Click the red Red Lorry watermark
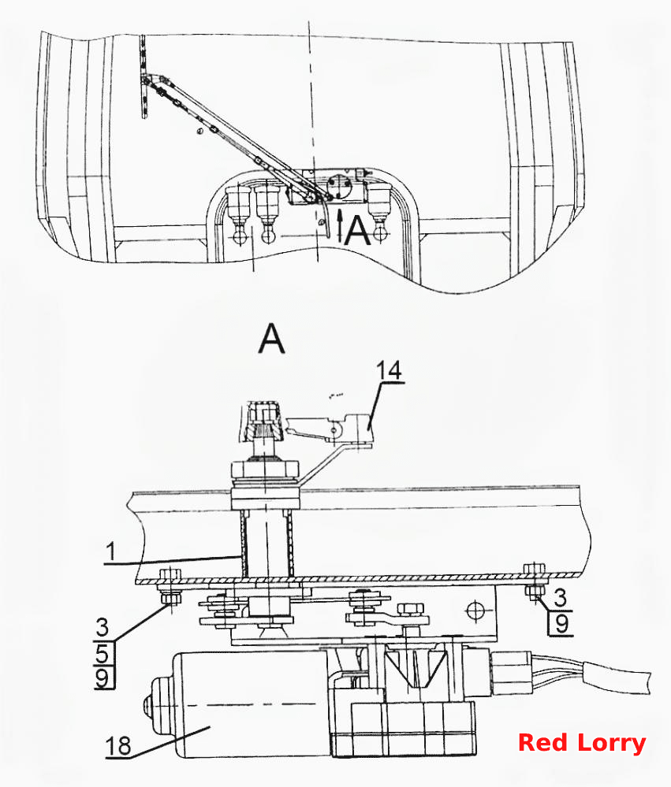[582, 744]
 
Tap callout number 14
[390, 370]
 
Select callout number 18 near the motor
[118, 746]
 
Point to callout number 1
[111, 551]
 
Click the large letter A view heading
[272, 339]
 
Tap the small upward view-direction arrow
[340, 226]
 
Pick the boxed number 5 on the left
[103, 655]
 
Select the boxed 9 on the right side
[561, 623]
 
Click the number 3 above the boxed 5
[102, 627]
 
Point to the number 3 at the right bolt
[560, 597]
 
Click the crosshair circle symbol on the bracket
[475, 611]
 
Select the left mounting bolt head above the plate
[171, 574]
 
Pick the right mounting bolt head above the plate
[535, 569]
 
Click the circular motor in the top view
[339, 187]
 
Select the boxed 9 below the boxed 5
[103, 678]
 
